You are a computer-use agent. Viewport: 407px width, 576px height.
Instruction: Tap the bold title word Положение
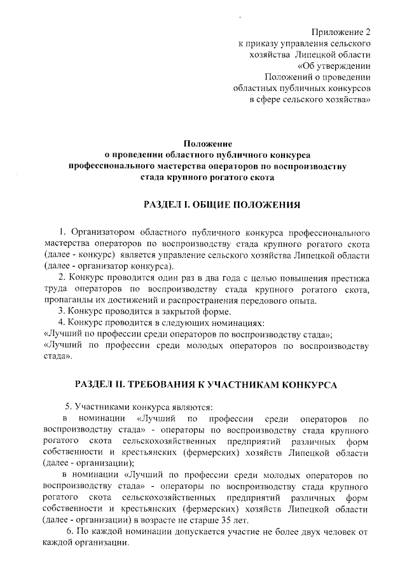click(x=207, y=144)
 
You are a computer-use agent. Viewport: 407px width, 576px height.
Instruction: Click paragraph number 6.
click(x=71, y=531)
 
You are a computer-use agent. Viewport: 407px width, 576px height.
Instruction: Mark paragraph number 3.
click(x=60, y=312)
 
